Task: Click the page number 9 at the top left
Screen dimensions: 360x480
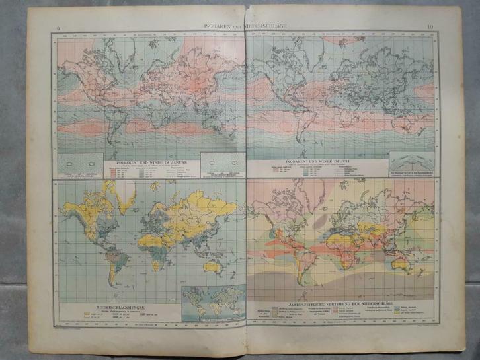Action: pos(59,28)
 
